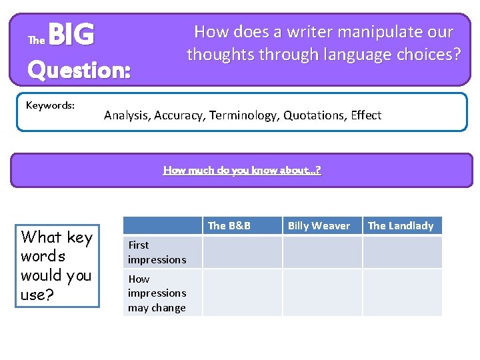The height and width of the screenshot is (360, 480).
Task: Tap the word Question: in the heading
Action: [x=79, y=69]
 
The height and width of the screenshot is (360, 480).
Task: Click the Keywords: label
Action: [x=50, y=105]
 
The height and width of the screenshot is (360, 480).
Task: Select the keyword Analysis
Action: [x=127, y=115]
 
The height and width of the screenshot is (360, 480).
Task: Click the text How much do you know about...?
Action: [x=242, y=170]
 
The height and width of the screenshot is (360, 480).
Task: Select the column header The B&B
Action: [x=229, y=225]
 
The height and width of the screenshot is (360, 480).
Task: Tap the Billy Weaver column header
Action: [x=319, y=225]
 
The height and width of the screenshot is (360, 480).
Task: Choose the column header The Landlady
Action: [x=401, y=225]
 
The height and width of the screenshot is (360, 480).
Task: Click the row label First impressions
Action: [x=157, y=252]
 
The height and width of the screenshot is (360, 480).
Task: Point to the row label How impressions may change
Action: [x=157, y=293]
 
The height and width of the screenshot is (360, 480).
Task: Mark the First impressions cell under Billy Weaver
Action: [x=322, y=252]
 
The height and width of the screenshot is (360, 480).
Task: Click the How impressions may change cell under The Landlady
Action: [x=402, y=293]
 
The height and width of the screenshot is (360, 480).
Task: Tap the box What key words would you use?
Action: [x=57, y=265]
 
